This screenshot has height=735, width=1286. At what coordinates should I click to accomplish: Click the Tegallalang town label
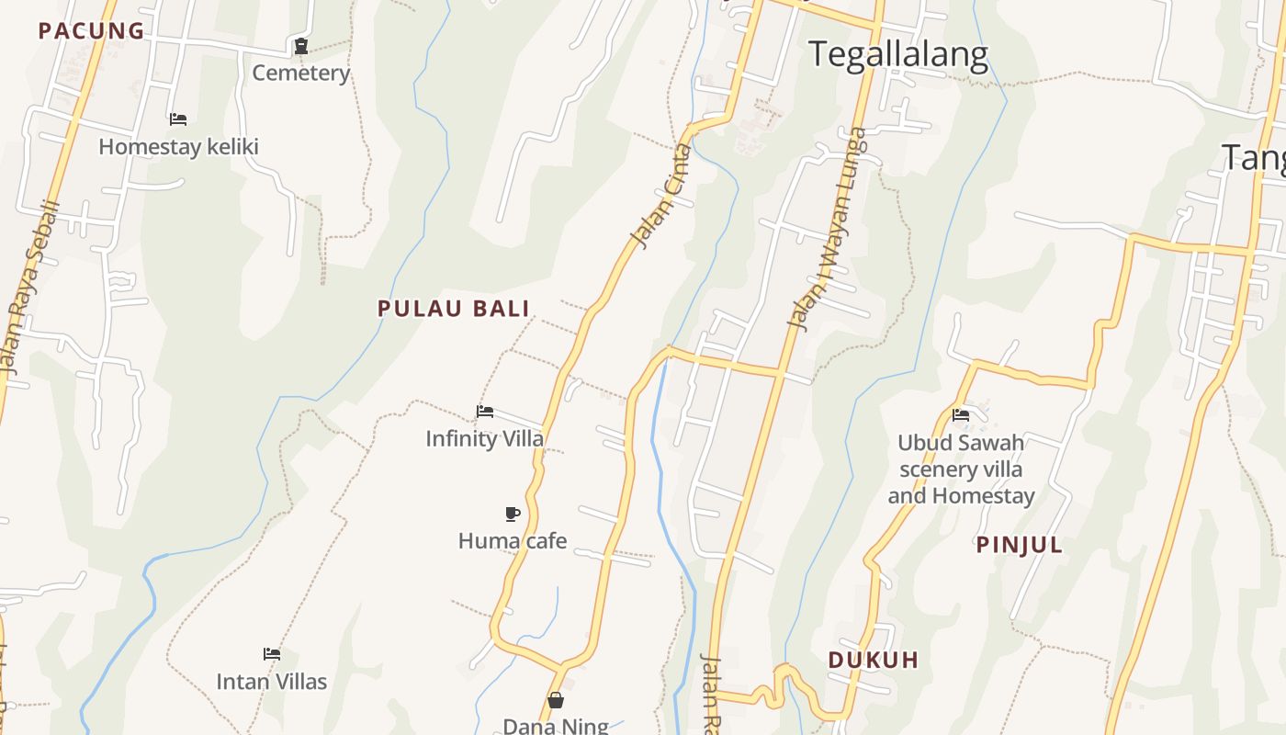[x=897, y=55]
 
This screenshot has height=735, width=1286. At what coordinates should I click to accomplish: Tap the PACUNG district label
[x=91, y=31]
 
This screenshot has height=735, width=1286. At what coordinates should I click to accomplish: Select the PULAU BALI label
[x=454, y=309]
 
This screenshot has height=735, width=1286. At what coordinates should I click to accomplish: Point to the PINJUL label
[x=1019, y=546]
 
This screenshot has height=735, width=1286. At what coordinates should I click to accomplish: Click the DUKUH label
[x=873, y=661]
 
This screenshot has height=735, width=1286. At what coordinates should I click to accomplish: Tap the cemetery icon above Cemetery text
[x=300, y=46]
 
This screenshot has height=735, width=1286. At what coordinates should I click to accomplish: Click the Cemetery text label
[x=301, y=73]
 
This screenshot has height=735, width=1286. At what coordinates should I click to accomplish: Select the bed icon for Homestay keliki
[x=178, y=119]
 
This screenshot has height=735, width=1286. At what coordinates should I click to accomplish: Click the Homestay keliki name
[x=178, y=147]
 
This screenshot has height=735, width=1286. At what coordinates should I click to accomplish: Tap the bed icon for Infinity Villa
[x=485, y=412]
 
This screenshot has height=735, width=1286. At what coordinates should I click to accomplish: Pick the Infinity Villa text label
[x=485, y=439]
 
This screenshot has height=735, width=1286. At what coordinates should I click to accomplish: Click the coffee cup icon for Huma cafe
[x=513, y=514]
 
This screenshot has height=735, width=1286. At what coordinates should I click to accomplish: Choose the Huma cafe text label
[x=513, y=541]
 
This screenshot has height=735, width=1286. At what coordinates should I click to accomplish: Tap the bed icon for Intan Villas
[x=271, y=654]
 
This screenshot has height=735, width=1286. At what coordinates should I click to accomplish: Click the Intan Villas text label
[x=271, y=682]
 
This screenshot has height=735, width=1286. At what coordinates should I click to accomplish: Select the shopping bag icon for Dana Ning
[x=556, y=701]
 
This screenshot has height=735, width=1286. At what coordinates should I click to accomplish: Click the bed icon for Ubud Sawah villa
[x=961, y=415]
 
